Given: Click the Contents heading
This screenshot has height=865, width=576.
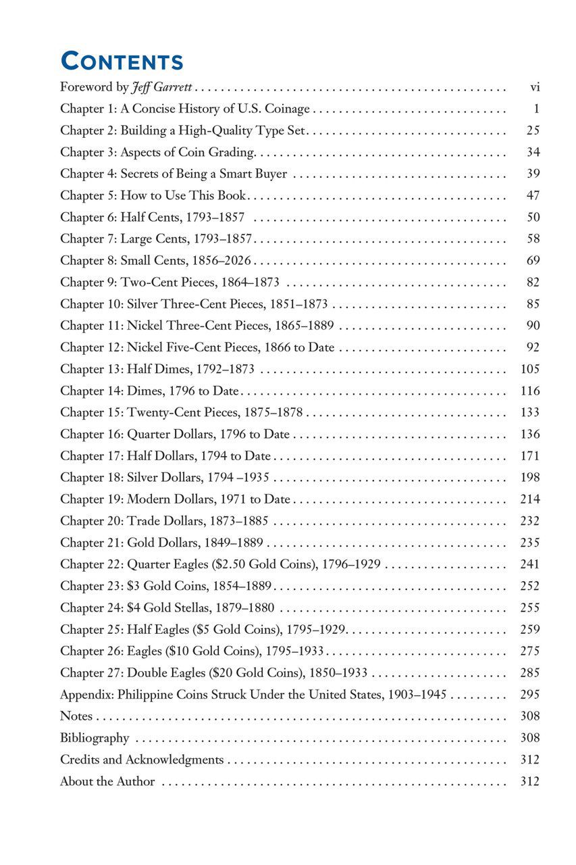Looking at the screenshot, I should coord(122,61).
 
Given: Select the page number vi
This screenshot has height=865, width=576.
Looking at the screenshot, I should coord(535,87).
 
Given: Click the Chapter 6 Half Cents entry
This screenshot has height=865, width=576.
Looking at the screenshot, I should coord(152,217).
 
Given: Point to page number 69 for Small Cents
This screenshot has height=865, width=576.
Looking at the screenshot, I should coord(533,260).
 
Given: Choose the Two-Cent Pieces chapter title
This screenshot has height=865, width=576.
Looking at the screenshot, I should coord(169,282).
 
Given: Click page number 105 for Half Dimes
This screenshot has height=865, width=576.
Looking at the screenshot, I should coord(530,368).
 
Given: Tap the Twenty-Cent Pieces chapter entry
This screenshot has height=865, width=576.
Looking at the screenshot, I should coord(181,412).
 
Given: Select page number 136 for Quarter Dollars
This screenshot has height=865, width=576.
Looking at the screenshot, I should coord(530,434).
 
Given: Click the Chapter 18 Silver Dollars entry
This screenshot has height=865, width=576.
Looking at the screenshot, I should coord(165,477).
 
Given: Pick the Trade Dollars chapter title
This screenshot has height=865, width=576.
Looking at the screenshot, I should coord(164,520).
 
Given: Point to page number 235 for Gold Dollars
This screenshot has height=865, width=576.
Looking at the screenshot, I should coord(530,542).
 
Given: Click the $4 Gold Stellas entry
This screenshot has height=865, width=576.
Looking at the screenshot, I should coord(167,608).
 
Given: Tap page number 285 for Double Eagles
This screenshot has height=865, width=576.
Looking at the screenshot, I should coord(530,672).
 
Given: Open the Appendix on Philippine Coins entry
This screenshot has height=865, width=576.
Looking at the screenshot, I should coord(253,694).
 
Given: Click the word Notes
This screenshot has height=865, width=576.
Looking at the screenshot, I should coord(76,716).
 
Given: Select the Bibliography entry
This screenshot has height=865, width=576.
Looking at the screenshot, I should coord(95,738).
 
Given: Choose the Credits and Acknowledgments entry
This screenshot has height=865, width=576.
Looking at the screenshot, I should coord(142,760).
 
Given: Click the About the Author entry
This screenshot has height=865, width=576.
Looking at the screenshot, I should coord(107,781).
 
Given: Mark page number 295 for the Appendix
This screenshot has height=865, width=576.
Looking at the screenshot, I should coord(530,694).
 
